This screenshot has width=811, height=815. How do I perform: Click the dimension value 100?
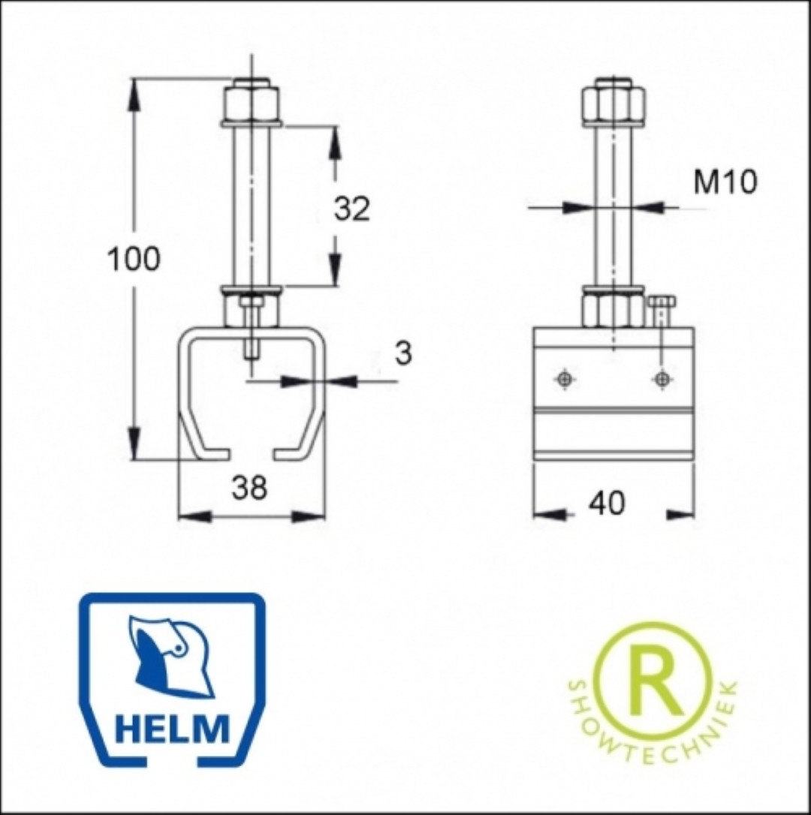[x=133, y=260]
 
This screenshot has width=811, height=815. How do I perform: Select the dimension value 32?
[x=351, y=209]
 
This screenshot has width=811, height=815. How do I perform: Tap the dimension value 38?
[x=249, y=488]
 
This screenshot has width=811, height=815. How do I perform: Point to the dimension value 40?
[x=607, y=503]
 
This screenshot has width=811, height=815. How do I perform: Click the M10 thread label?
[x=725, y=182]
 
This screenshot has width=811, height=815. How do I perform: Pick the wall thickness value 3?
[x=403, y=353]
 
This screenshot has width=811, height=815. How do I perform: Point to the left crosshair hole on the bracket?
[x=564, y=379]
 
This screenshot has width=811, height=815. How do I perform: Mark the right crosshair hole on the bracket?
[x=661, y=379]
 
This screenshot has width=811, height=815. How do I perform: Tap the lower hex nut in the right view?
[x=614, y=310]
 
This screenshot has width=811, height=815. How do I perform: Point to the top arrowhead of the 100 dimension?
[x=134, y=94]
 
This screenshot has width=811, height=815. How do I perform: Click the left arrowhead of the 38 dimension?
[x=194, y=516]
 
